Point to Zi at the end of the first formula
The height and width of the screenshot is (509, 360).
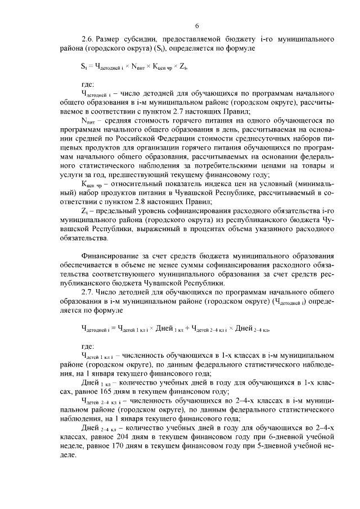[182, 67]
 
